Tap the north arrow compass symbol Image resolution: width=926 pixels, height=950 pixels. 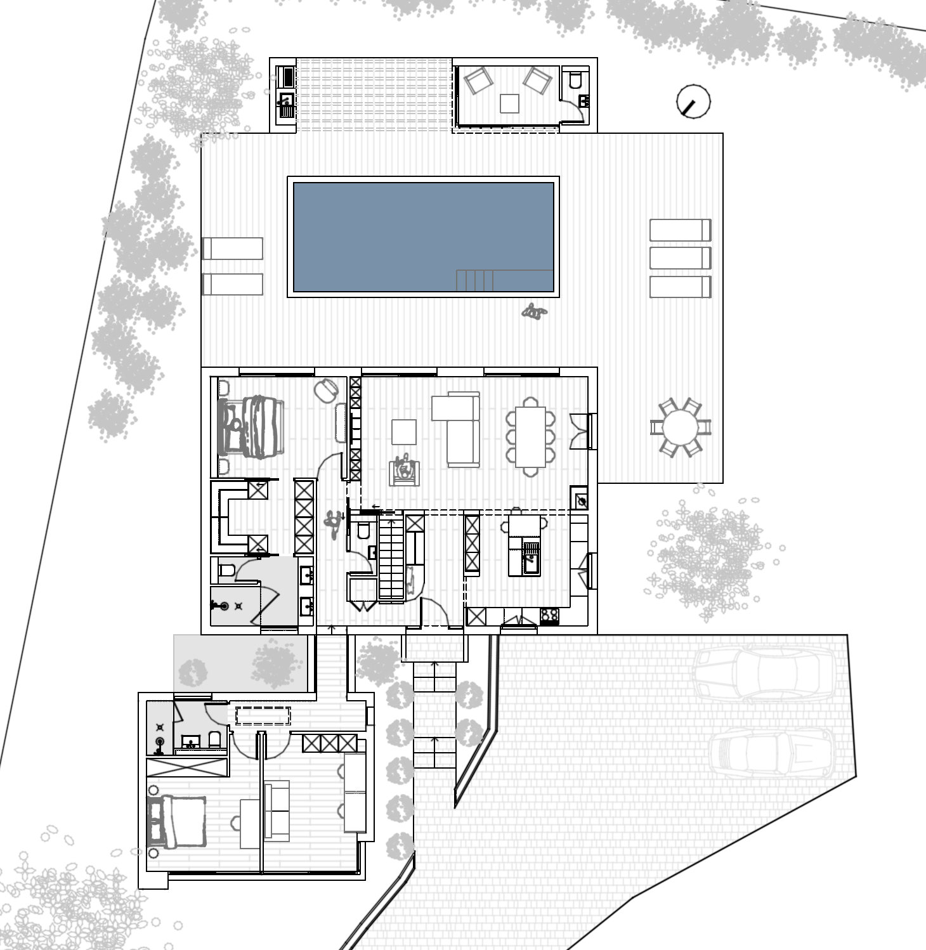(693, 101)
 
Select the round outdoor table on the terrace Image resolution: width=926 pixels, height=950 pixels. (680, 427)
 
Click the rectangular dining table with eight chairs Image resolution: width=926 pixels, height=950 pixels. (530, 437)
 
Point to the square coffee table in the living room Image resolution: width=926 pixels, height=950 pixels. (403, 433)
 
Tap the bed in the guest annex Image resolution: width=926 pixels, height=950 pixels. (178, 821)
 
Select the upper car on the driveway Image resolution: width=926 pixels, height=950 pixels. (761, 673)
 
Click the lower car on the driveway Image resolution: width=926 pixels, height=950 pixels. (771, 755)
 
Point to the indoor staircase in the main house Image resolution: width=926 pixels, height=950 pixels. (391, 558)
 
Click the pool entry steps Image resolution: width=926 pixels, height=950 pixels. (474, 280)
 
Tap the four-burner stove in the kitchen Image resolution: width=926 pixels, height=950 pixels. (549, 615)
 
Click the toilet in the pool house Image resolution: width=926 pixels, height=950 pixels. (575, 80)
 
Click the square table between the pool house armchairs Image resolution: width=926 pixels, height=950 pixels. (509, 103)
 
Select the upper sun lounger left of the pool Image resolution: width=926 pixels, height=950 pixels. (233, 248)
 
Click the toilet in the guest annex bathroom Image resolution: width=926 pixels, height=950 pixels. (215, 739)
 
